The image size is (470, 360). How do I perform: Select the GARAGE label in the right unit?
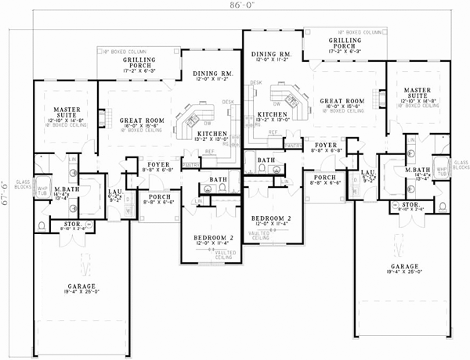403,269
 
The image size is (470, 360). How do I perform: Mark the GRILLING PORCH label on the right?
345,43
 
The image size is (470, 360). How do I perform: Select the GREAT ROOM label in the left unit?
136,121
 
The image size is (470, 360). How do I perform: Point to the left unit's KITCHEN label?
212,134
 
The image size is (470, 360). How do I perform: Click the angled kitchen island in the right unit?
286,98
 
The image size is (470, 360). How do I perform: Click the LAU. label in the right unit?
366,174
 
